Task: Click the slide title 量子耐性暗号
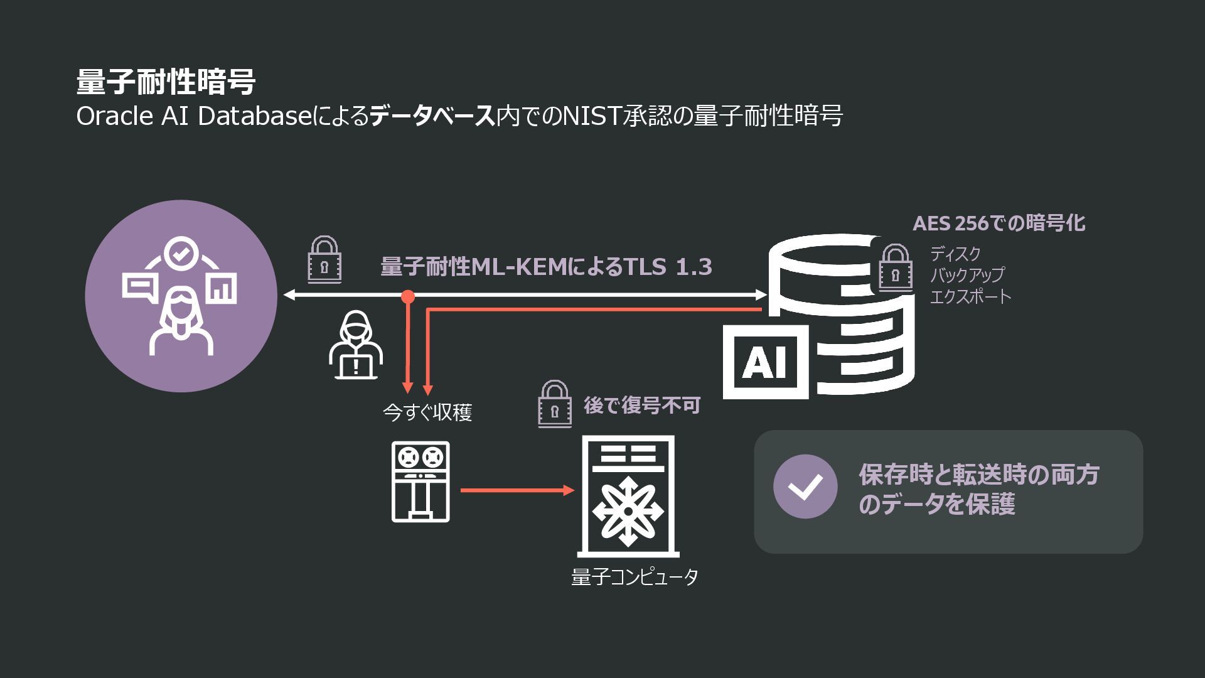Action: pyautogui.click(x=166, y=82)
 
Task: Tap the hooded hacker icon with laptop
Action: pyautogui.click(x=355, y=346)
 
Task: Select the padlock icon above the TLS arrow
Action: pyautogui.click(x=324, y=260)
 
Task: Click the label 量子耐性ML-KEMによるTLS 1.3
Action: pyautogui.click(x=546, y=267)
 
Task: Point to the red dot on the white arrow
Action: pyautogui.click(x=408, y=296)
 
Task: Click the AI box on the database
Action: pyautogui.click(x=766, y=362)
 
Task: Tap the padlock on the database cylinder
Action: pyautogui.click(x=896, y=268)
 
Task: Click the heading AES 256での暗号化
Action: pyautogui.click(x=999, y=223)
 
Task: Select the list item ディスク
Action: pyautogui.click(x=955, y=254)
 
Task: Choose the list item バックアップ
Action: pyautogui.click(x=967, y=275)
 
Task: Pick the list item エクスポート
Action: pyautogui.click(x=970, y=296)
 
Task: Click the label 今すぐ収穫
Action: pyautogui.click(x=427, y=412)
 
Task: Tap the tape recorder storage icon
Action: pyautogui.click(x=420, y=482)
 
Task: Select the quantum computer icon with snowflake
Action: pyautogui.click(x=628, y=496)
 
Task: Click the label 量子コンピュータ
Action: pyautogui.click(x=635, y=577)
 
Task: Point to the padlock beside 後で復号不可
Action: pyautogui.click(x=555, y=404)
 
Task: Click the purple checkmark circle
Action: pyautogui.click(x=805, y=487)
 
